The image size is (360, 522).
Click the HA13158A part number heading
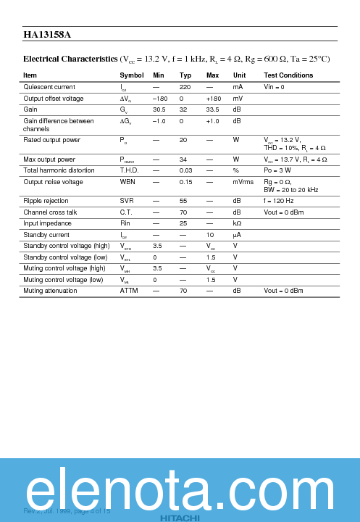pos(46,34)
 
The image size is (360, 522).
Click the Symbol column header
pos(131,75)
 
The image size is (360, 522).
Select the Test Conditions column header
pos(288,75)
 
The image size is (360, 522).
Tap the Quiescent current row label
pos(49,87)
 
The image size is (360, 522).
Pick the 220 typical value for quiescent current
pos(185,87)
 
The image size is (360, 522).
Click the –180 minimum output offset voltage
pos(160,99)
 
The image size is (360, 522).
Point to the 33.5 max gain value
pos(212,109)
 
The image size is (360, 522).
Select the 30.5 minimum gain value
pos(159,109)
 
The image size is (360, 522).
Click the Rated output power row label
pos(52,139)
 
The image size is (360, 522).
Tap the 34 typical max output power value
pos(183,159)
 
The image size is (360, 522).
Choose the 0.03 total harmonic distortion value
pos(185,170)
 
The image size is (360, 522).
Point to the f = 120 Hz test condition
pos(279,201)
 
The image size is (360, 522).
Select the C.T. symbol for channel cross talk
pos(127,212)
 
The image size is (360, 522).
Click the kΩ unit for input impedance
pos(237,223)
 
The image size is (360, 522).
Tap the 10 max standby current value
pos(210,235)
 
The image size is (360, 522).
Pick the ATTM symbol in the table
pos(129,290)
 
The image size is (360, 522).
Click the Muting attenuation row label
pos(51,290)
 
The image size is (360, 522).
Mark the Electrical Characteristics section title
pos(70,59)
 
